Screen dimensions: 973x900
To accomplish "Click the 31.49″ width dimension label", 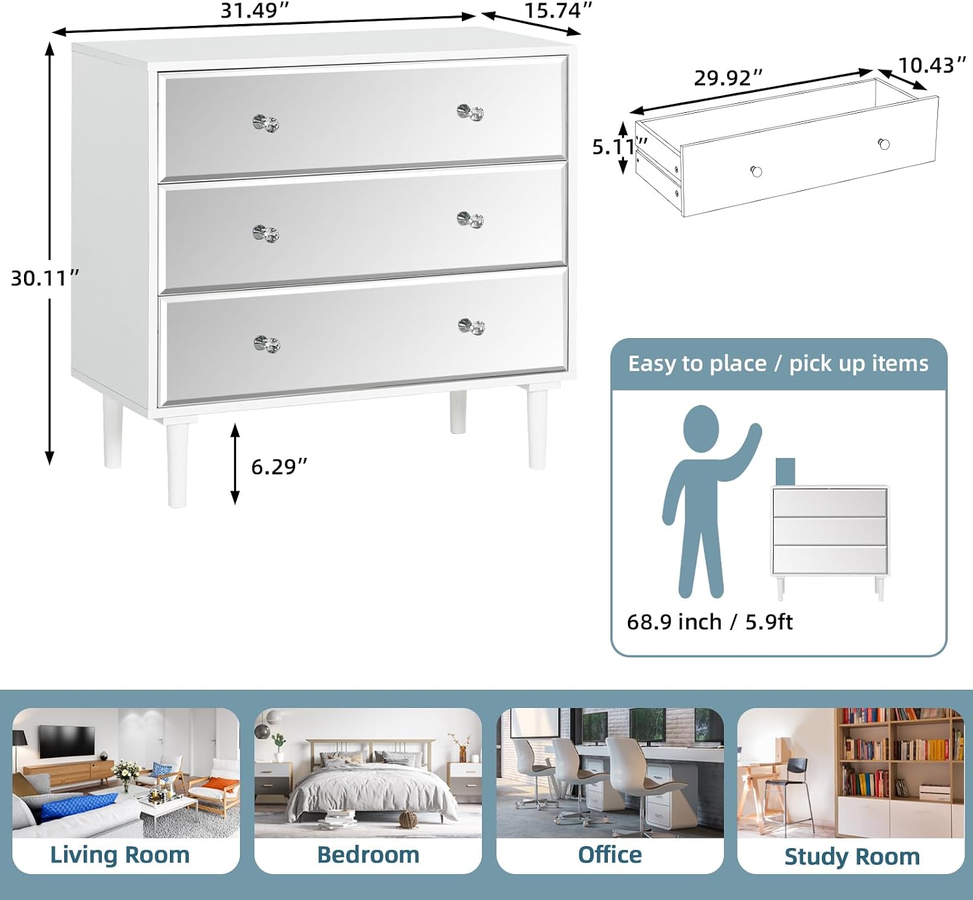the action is [x=255, y=10].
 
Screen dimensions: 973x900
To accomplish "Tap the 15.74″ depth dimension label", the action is [x=558, y=10].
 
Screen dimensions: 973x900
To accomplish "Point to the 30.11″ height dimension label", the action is [x=45, y=278].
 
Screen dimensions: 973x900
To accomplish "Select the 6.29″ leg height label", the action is [x=279, y=467].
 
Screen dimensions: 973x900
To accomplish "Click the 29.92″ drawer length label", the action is [x=728, y=78].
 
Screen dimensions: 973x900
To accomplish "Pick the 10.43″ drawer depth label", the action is [x=932, y=65].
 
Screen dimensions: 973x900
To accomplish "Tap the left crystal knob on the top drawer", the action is [x=266, y=123].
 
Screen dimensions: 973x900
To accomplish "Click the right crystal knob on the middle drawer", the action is [x=470, y=220].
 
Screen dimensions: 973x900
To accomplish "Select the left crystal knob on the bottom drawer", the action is [x=267, y=344].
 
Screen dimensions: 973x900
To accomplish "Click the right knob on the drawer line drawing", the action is [x=884, y=144].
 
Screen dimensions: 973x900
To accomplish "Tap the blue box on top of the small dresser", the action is [x=785, y=471].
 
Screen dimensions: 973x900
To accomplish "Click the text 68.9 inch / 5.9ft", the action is [x=710, y=622].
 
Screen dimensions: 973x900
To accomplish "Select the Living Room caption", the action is [x=120, y=855].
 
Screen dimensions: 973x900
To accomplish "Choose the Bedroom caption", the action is [x=368, y=855].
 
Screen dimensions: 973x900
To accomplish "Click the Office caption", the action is [x=610, y=855].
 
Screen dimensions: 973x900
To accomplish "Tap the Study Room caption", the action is [x=852, y=857].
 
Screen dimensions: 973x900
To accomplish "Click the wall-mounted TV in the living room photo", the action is [x=67, y=740].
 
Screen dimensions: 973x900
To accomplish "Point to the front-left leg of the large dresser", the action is [x=177, y=464].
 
